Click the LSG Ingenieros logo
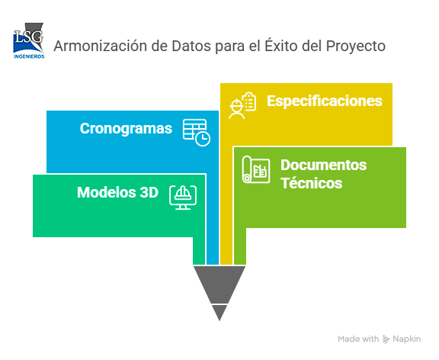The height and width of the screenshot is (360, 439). [29, 40]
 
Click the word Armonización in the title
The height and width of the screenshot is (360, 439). [101, 47]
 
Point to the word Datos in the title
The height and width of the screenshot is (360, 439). [191, 47]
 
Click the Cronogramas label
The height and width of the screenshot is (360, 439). [126, 129]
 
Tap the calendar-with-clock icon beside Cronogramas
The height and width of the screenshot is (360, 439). [197, 133]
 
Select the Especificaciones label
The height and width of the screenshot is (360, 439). [325, 101]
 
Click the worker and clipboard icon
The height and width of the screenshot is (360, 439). [242, 105]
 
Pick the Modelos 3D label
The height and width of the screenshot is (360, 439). [117, 192]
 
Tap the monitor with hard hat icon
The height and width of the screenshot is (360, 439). [183, 198]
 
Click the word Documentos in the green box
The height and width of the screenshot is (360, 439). [324, 165]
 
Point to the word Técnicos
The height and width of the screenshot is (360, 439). [311, 183]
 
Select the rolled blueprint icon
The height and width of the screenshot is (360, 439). [256, 169]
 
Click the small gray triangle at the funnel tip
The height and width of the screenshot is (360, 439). [219, 313]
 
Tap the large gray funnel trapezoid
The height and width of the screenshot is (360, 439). [219, 284]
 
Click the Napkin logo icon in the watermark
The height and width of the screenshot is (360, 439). [386, 339]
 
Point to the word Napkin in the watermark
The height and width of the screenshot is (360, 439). [406, 339]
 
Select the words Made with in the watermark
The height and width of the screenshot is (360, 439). [358, 339]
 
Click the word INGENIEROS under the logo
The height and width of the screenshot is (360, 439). [29, 56]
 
